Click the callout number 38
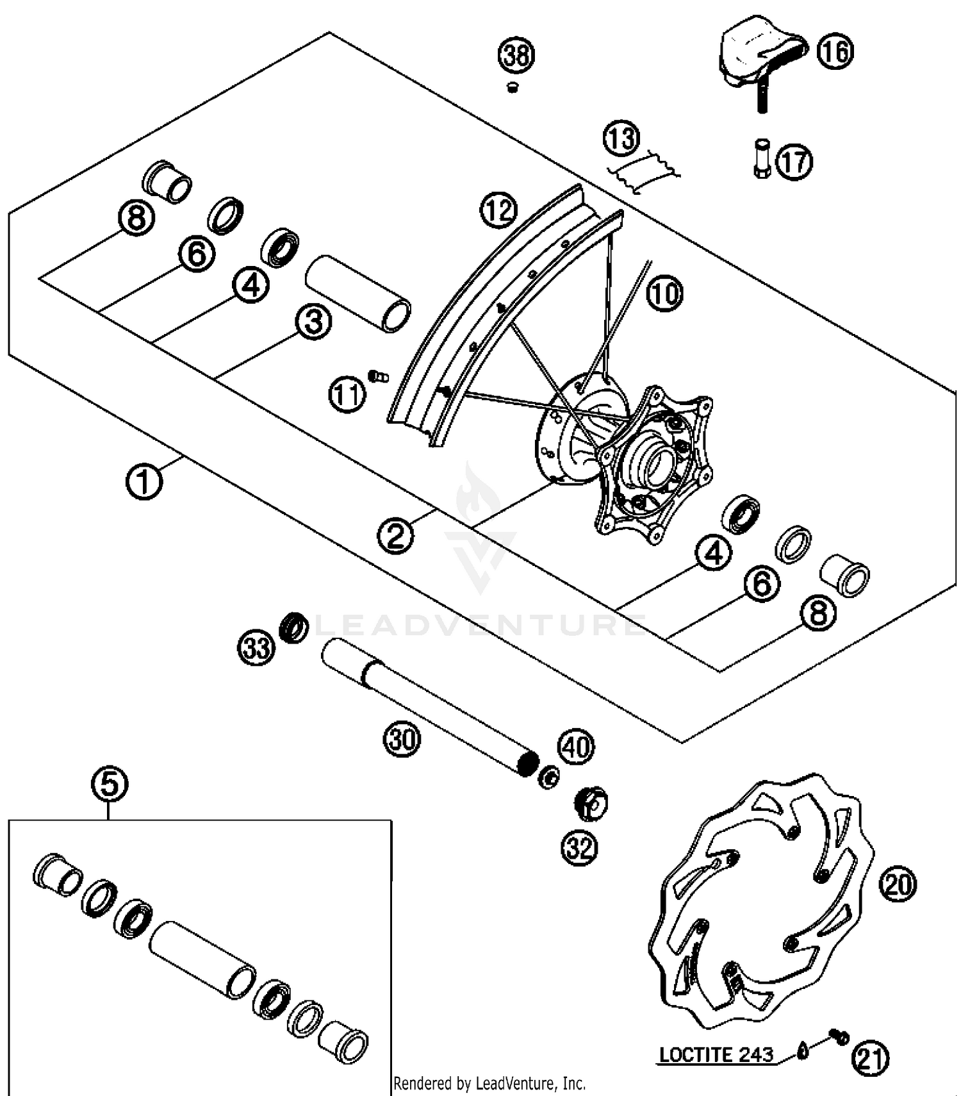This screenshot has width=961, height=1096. click(x=516, y=55)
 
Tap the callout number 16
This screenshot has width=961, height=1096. click(x=835, y=51)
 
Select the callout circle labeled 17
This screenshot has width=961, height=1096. click(x=794, y=162)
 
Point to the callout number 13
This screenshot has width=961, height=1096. click(x=621, y=138)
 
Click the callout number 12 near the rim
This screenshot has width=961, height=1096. click(x=499, y=210)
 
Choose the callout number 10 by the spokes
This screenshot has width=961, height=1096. click(x=665, y=294)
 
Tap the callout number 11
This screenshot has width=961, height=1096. click(x=347, y=395)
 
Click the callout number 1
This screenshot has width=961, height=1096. click(x=144, y=481)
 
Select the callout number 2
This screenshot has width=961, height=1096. click(x=395, y=535)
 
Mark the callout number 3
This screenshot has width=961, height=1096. click(x=313, y=322)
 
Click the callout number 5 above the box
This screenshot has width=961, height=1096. click(x=110, y=784)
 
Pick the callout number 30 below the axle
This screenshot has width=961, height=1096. click(x=402, y=739)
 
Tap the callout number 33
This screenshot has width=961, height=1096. click(x=257, y=648)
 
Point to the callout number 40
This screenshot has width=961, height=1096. click(x=577, y=747)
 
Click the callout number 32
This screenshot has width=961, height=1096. click(x=579, y=847)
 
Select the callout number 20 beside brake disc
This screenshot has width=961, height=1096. click(x=898, y=884)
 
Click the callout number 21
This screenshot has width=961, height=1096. click(x=870, y=1059)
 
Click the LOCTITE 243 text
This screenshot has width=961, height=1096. click(x=716, y=1055)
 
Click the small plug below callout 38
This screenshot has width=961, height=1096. click(x=512, y=88)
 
